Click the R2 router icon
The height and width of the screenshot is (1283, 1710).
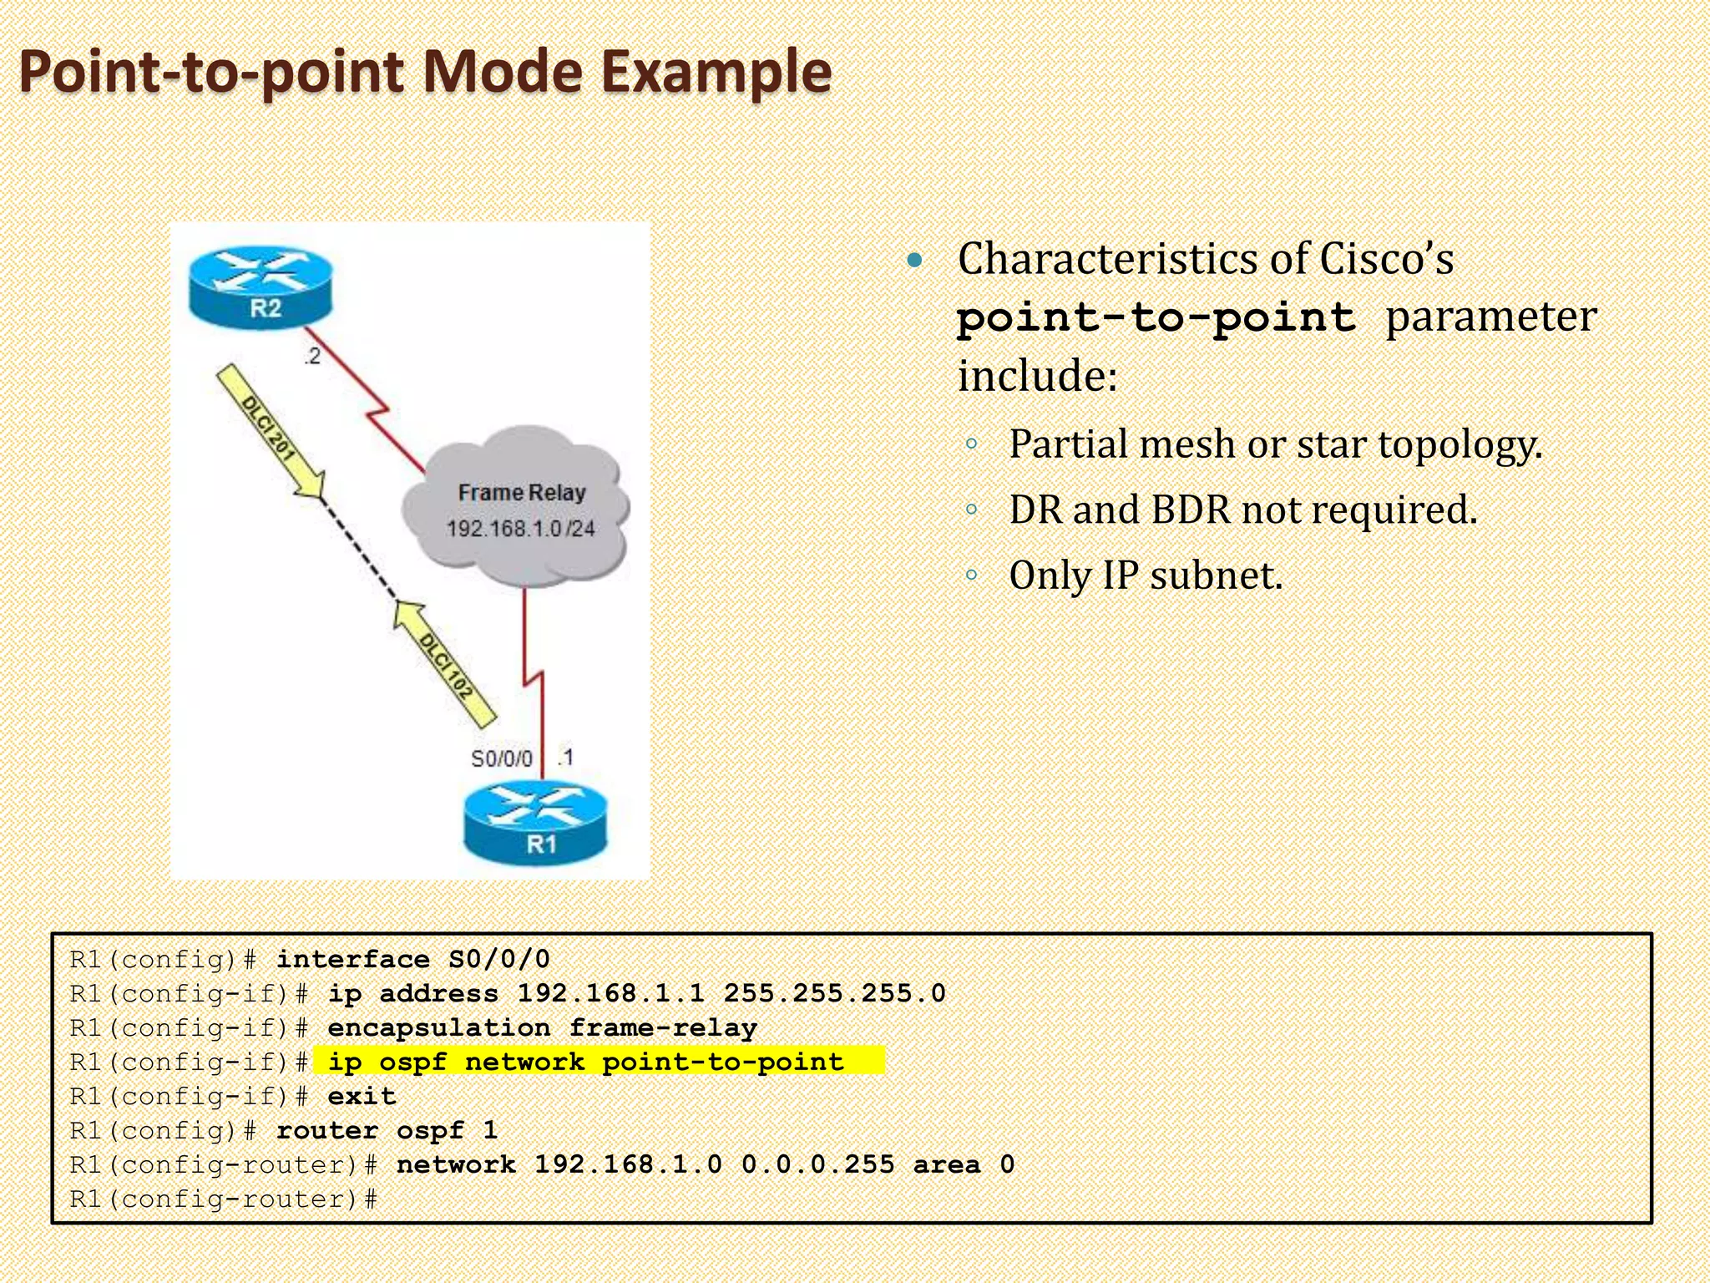(261, 287)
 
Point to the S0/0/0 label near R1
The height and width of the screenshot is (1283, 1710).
(501, 758)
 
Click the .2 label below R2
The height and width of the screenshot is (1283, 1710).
(311, 357)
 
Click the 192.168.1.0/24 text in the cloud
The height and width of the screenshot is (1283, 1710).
(520, 529)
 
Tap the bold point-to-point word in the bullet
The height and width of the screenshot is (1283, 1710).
(1156, 318)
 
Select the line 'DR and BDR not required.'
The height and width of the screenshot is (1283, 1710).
(1242, 510)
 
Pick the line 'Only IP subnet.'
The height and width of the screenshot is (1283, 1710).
(1145, 576)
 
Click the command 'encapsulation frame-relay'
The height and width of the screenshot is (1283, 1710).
(542, 1027)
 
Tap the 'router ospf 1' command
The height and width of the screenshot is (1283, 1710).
(387, 1130)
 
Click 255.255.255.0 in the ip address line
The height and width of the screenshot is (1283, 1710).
(834, 993)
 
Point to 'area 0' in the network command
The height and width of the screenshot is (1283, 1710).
(964, 1164)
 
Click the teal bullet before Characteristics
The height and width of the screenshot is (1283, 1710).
(915, 261)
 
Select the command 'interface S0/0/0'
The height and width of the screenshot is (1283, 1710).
(413, 959)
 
